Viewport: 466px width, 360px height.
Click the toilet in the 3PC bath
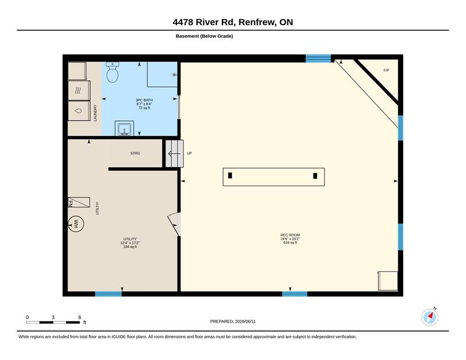click(x=112, y=72)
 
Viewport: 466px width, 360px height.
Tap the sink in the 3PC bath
click(x=124, y=128)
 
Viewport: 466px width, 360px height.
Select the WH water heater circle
click(x=76, y=224)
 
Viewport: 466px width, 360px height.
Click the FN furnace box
click(x=79, y=202)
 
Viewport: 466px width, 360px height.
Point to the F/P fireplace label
click(x=386, y=70)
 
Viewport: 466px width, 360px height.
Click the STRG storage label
click(x=135, y=153)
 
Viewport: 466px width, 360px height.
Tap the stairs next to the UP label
click(x=174, y=153)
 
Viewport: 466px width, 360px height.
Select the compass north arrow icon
click(x=430, y=317)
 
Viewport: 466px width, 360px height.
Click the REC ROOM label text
click(x=290, y=235)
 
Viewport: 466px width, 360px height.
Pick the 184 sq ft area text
click(x=130, y=247)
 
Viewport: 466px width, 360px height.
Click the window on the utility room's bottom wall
click(x=108, y=294)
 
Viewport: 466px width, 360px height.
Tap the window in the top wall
click(x=318, y=58)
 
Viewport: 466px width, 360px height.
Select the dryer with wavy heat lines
click(x=79, y=90)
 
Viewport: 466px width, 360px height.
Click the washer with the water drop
click(x=79, y=111)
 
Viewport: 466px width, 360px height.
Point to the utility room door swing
click(x=174, y=224)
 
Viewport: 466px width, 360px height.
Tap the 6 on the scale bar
click(x=80, y=317)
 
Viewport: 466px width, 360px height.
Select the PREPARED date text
click(x=232, y=322)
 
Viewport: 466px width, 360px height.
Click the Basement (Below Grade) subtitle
click(x=204, y=36)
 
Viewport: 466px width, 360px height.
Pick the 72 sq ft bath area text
click(x=144, y=108)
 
